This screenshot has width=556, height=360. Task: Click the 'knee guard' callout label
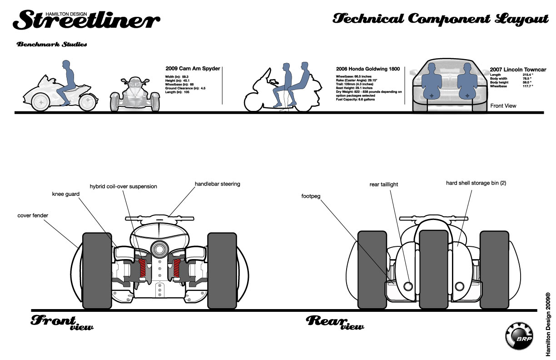coord(66,194)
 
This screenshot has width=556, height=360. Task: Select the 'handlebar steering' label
coord(217,184)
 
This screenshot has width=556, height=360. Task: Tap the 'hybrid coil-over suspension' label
coord(123,186)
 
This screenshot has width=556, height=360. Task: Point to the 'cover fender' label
coord(33,215)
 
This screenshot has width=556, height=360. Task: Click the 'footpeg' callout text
coord(311,197)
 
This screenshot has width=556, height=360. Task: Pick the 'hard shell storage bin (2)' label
coord(476,183)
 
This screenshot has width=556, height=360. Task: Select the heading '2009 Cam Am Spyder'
coord(193,69)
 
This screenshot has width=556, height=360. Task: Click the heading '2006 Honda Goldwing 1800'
coord(367,69)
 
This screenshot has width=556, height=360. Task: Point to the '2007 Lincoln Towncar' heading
coord(518,70)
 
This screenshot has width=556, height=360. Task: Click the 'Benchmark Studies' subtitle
coord(51,45)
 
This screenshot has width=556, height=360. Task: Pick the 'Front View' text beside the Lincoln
coord(503,106)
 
